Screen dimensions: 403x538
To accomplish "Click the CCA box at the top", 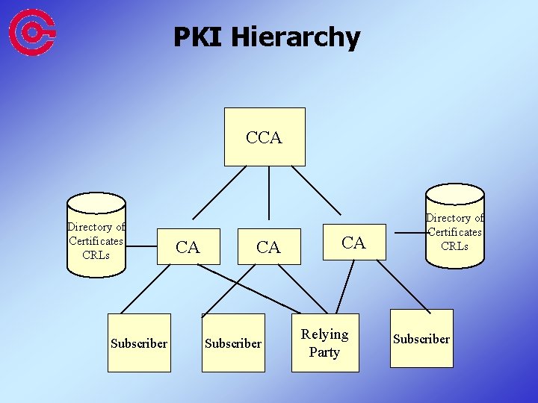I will coord(265,137).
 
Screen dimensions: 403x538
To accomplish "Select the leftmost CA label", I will coord(188,247).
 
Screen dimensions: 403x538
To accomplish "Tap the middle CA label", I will coord(268,247).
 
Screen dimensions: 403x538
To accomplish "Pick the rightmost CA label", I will coord(353,242).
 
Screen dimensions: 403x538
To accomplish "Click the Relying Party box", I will coord(324,343).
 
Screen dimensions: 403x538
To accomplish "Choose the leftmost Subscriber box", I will coord(139,343).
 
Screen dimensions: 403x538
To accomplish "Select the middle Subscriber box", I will coord(233,343).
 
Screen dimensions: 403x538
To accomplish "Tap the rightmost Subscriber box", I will coord(421,339).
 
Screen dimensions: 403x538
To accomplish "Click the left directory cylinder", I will coord(96,231).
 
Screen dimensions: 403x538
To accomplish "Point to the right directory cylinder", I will coord(454,228).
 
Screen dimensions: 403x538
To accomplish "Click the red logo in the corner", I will coord(32,31).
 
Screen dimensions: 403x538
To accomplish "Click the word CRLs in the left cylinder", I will coord(96,254).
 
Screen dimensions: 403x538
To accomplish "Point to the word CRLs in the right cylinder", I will coord(454,246).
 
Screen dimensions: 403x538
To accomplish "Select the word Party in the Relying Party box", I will coord(324,352).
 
